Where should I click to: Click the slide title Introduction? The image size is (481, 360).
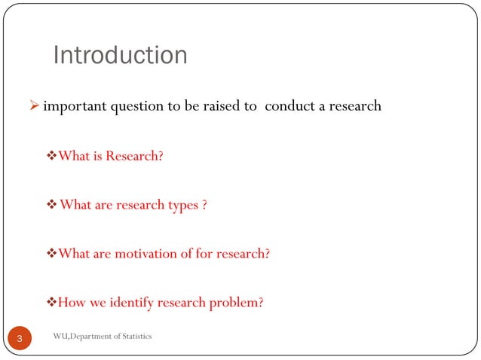coord(120,56)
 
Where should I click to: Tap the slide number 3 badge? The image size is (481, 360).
coord(20,340)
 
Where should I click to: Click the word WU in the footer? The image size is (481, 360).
coord(60,335)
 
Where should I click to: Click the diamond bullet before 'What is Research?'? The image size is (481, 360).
coord(52,157)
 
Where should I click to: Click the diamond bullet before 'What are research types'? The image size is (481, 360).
coord(52,205)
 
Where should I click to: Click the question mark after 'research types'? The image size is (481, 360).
coord(204,205)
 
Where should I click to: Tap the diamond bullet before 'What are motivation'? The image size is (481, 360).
coord(52,254)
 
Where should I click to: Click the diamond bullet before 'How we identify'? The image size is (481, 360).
coord(52,303)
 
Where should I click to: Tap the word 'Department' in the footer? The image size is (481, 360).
coord(93,335)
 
